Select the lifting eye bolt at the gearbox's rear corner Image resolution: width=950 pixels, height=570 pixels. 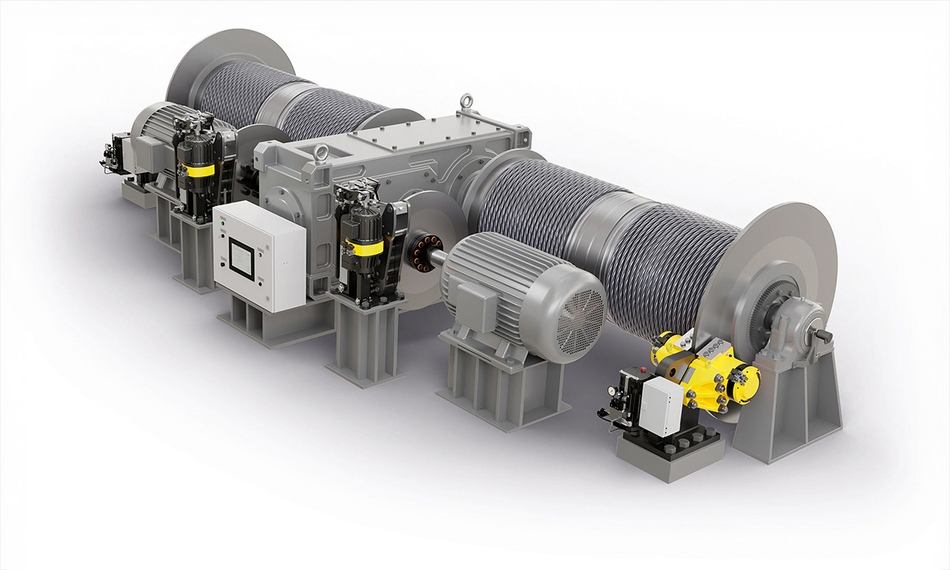[466, 103]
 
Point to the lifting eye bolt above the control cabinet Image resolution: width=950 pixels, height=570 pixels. [321, 152]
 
